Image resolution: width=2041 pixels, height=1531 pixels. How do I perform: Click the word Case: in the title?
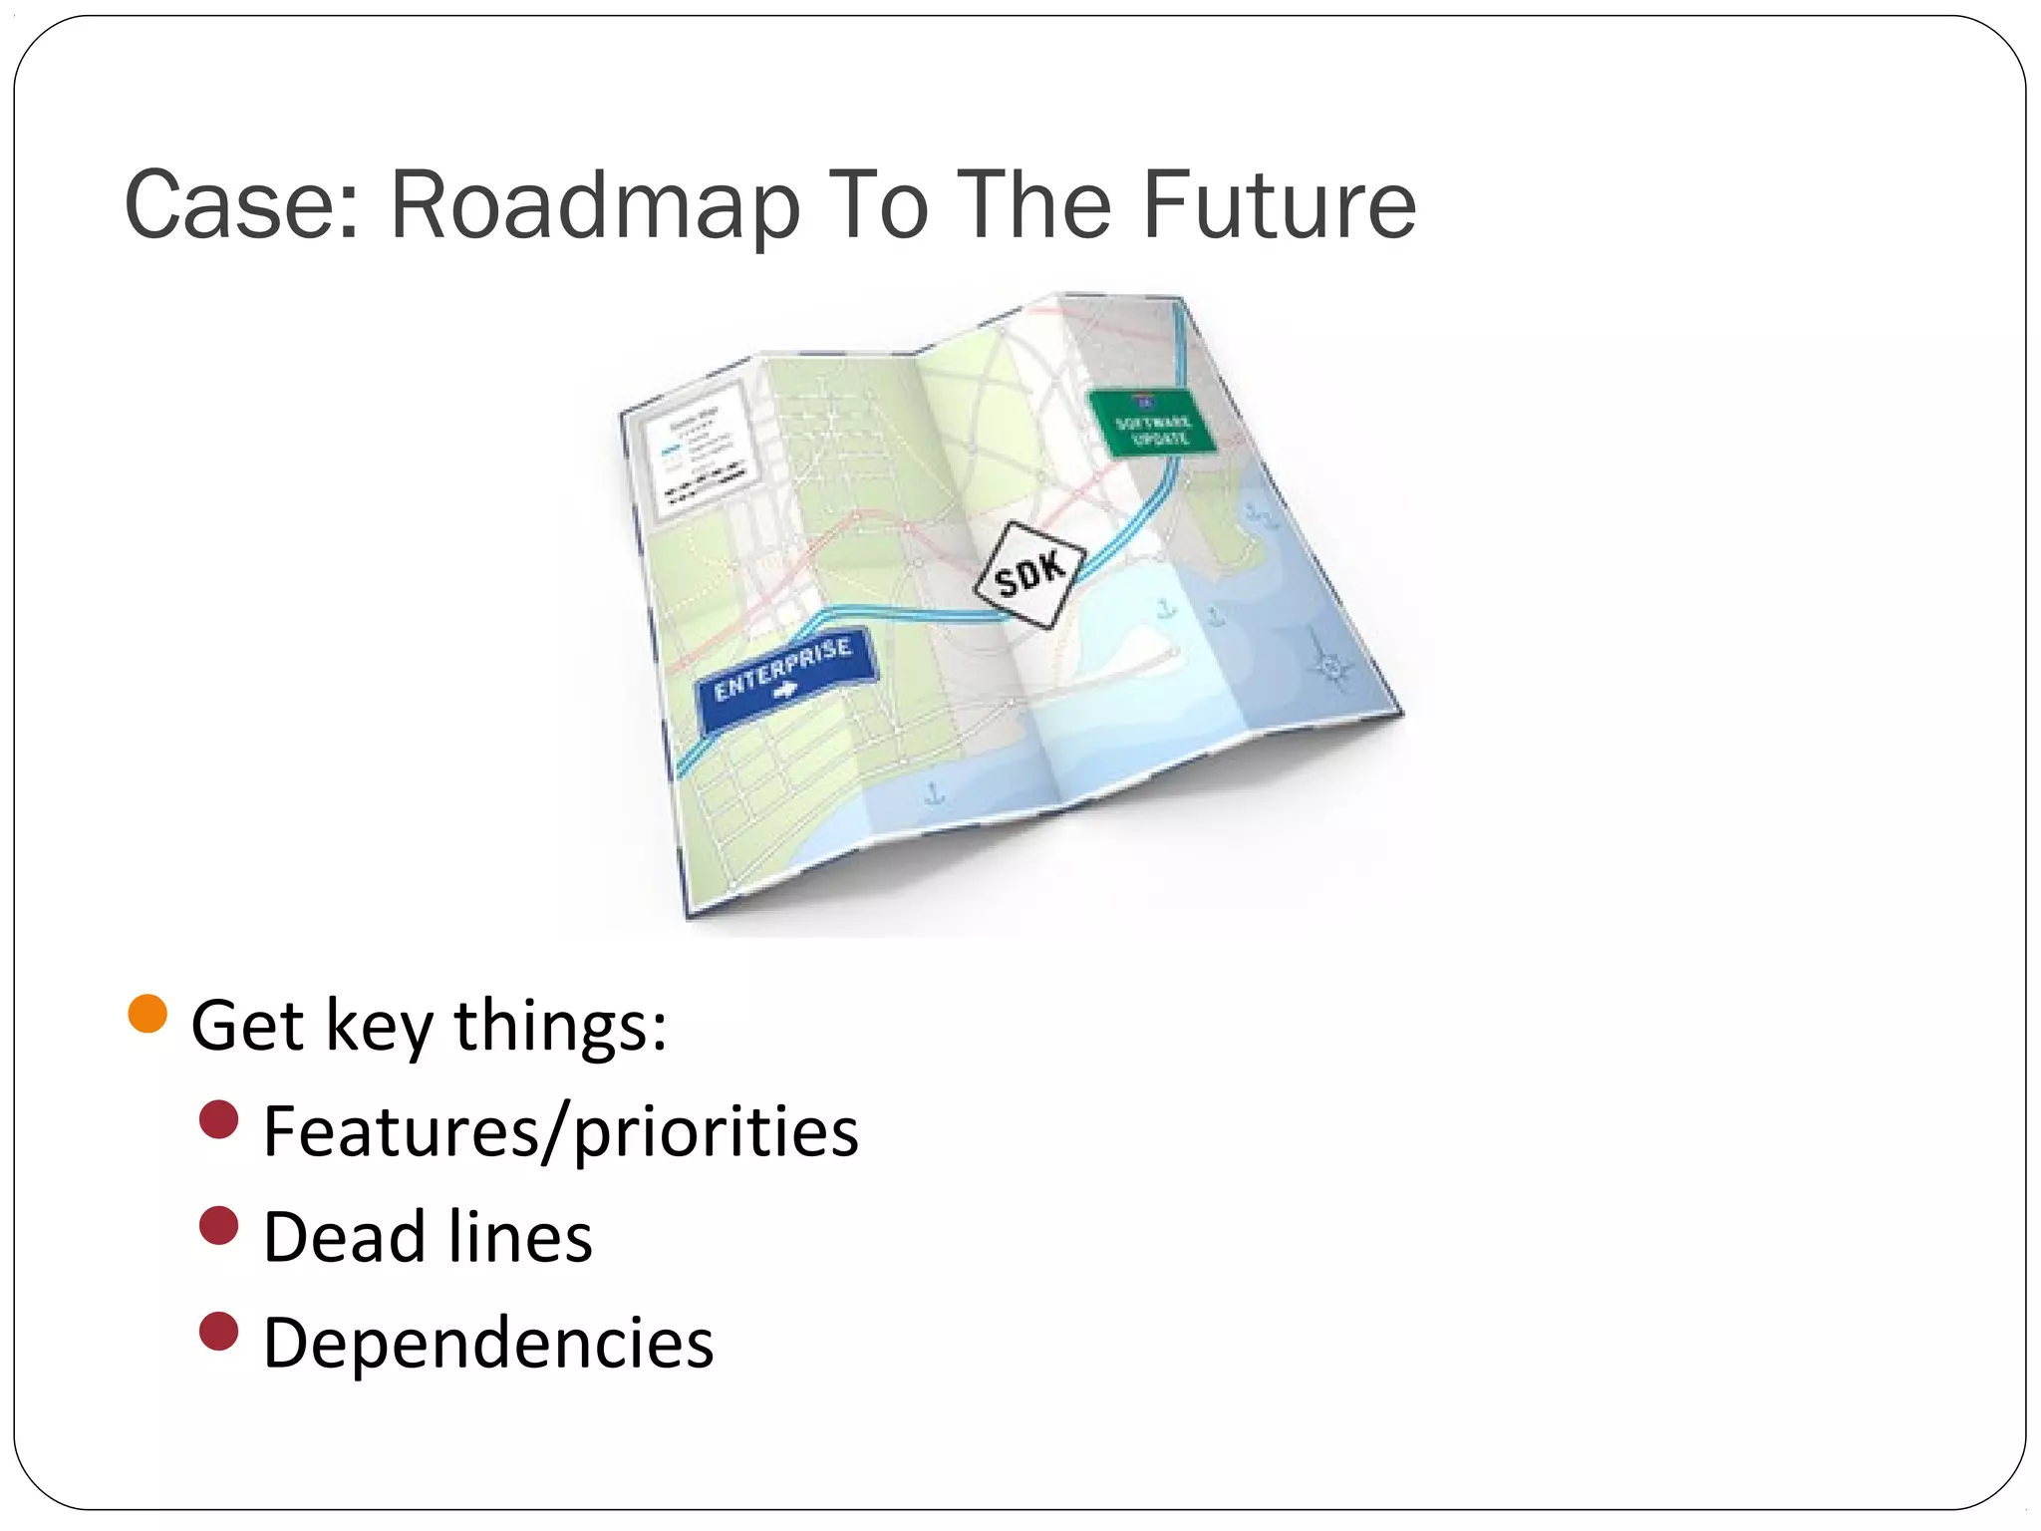(241, 205)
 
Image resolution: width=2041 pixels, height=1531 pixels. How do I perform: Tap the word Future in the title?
(1279, 205)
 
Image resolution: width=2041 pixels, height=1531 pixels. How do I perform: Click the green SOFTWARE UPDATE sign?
(1152, 423)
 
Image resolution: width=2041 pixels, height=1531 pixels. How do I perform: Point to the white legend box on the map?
(699, 450)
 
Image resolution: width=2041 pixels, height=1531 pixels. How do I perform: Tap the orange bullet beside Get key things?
(147, 1015)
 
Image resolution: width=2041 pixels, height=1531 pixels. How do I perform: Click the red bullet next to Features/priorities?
(219, 1120)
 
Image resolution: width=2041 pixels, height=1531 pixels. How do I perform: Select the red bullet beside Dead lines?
(219, 1226)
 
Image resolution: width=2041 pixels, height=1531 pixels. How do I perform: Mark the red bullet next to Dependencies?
(219, 1332)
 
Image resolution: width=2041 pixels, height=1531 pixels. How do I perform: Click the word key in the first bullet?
(380, 1027)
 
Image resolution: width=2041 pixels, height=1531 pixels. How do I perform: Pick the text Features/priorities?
(560, 1133)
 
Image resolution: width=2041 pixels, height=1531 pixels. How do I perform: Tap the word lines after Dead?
(519, 1238)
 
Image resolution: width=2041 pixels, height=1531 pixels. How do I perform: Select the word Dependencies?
(488, 1344)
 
